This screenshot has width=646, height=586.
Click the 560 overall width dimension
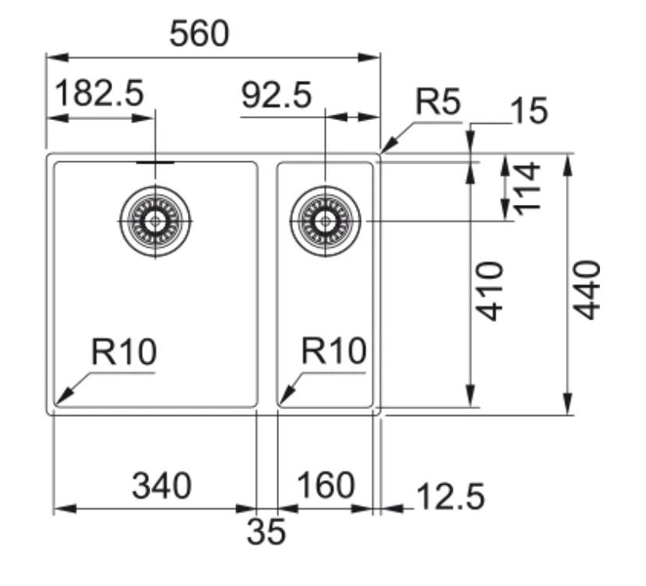click(200, 34)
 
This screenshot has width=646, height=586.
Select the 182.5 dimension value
click(101, 95)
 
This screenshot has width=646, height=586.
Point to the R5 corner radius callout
click(438, 103)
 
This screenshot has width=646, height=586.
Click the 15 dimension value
click(528, 111)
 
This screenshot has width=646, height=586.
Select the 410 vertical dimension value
click(490, 291)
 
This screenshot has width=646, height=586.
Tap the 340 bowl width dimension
click(161, 486)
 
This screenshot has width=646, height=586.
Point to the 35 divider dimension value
click(267, 532)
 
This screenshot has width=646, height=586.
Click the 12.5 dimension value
click(450, 496)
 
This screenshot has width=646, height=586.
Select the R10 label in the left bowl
click(124, 353)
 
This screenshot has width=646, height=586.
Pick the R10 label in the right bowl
click(334, 352)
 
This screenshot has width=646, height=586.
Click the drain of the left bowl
click(156, 221)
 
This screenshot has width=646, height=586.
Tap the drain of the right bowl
click(325, 221)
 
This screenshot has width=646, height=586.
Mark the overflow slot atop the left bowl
click(156, 162)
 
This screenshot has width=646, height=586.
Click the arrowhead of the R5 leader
click(385, 148)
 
